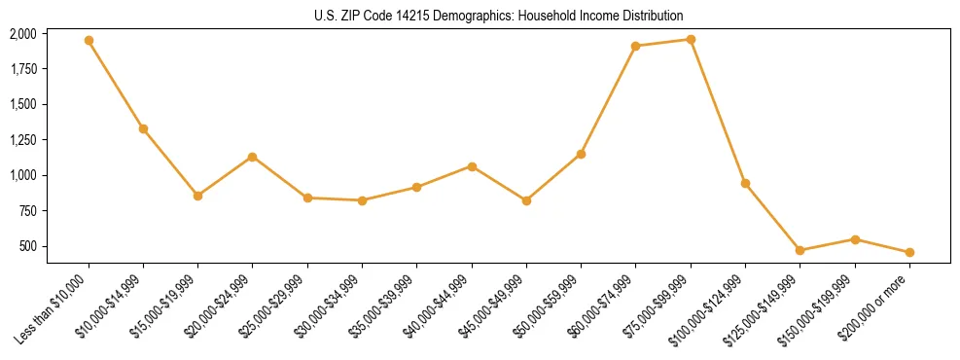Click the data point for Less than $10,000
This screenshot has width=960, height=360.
click(89, 41)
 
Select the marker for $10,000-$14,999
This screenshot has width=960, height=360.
click(143, 128)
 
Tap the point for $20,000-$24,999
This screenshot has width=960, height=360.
click(253, 157)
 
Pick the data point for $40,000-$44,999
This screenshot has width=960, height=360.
click(472, 166)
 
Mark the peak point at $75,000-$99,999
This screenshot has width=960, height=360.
click(691, 40)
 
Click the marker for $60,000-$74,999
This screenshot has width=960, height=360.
click(636, 46)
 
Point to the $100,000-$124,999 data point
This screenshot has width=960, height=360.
click(745, 183)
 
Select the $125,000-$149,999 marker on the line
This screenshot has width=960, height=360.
click(800, 250)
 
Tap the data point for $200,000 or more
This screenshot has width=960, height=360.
click(909, 252)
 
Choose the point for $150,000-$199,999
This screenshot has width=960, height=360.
click(855, 239)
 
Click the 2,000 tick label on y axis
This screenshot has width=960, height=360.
click(23, 34)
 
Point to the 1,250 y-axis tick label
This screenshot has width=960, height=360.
click(23, 140)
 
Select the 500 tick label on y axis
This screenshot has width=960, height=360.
click(29, 246)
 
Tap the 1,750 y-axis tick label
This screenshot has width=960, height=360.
click(23, 69)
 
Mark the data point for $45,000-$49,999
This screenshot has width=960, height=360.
click(526, 200)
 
